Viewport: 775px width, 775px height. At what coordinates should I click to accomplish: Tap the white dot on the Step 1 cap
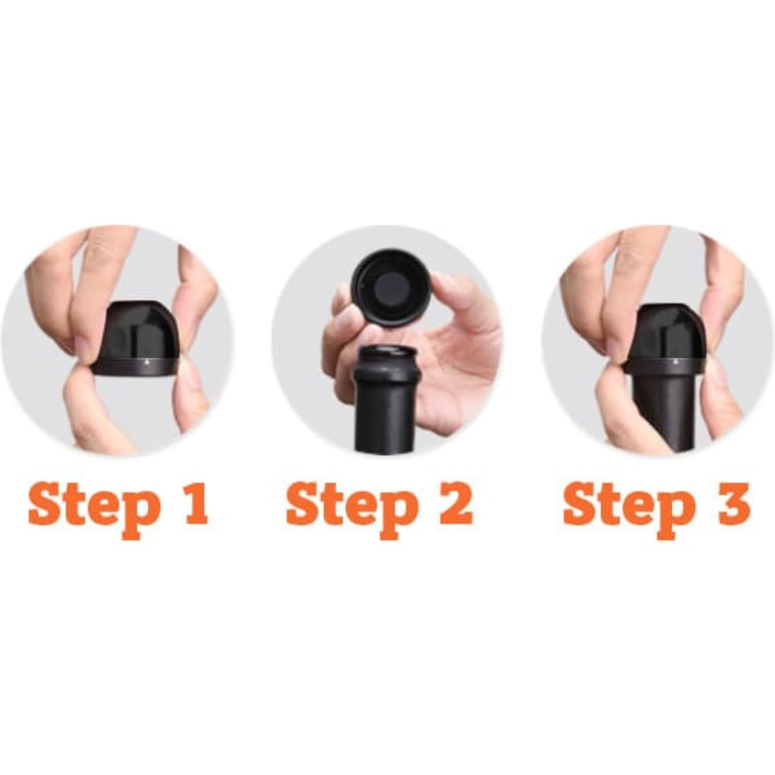(147, 361)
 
